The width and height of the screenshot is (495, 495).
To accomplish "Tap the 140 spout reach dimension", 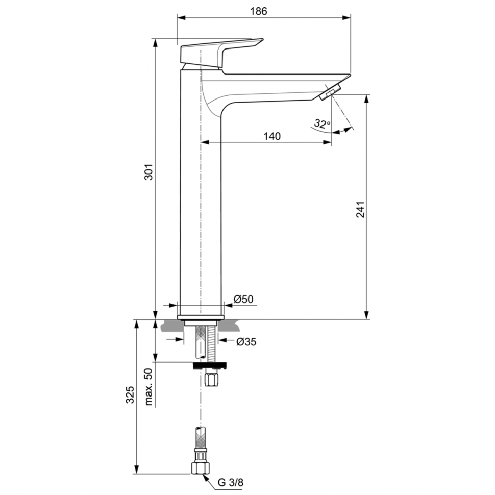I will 272,136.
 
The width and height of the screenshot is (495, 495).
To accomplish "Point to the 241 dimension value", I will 360,210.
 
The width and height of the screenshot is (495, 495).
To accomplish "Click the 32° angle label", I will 321,123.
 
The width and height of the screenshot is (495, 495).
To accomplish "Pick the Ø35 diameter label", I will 246,342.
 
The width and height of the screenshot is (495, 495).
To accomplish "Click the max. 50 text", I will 149,386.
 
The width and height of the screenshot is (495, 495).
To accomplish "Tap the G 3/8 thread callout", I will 228,481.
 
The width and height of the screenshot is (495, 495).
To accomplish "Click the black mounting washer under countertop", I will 209,365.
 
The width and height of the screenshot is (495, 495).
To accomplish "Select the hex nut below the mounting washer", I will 210,380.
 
